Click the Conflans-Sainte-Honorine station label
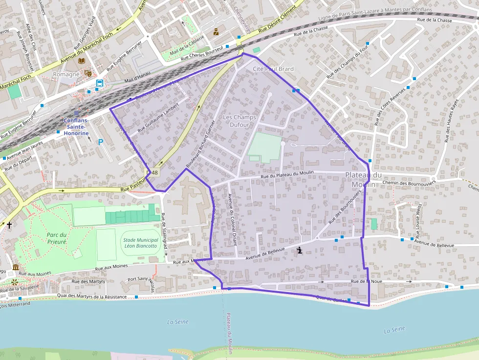point(76,127)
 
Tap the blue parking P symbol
point(101,142)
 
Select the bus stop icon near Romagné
point(100,83)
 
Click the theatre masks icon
point(88,73)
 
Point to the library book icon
point(82,61)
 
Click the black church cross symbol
point(9,225)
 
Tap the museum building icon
point(16,267)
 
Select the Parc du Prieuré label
point(57,238)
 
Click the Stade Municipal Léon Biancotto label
point(140,243)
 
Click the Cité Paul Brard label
point(273,69)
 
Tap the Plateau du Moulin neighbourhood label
point(363,179)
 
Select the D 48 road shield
point(153,173)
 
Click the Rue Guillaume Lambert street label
point(158,117)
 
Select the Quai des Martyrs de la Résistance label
point(92,296)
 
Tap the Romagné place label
point(65,74)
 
